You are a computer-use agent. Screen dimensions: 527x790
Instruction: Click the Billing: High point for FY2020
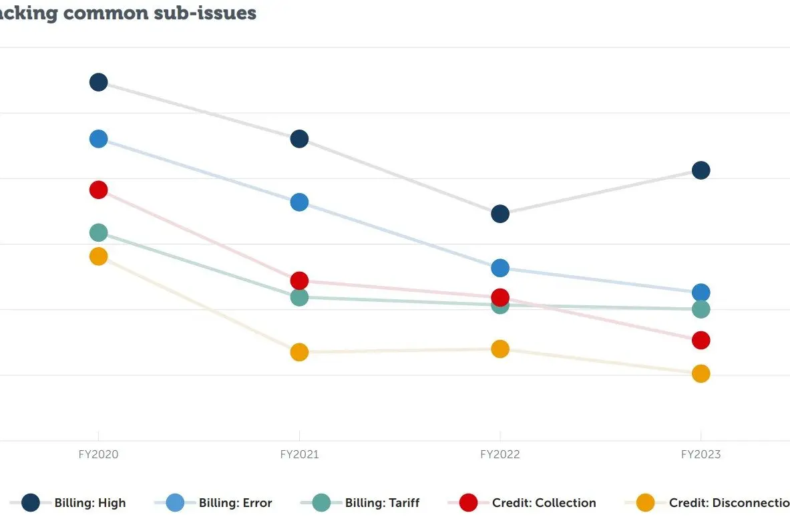98,82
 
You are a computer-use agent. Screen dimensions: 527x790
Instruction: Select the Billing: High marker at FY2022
500,214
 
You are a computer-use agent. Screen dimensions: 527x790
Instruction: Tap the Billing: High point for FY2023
701,170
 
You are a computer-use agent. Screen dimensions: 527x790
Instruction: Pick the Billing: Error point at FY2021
299,202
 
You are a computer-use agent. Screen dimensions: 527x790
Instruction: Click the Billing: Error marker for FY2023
701,292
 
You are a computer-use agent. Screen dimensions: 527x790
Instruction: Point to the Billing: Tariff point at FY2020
98,232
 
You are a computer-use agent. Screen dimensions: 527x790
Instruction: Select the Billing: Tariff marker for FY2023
701,309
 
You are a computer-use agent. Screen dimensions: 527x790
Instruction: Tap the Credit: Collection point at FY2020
98,190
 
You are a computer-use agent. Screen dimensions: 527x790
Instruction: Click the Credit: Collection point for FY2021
299,281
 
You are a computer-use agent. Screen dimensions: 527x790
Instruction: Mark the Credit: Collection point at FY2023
701,340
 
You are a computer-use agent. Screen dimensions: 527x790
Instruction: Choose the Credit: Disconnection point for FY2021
299,352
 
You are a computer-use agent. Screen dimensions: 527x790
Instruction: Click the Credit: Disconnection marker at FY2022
500,349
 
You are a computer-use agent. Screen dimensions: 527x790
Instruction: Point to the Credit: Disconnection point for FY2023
701,373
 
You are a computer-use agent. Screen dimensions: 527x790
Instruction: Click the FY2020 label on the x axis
98,455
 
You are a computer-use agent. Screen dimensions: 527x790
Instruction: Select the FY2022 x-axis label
500,455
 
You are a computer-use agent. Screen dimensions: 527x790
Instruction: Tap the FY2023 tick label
701,455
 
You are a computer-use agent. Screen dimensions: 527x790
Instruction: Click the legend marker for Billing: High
31,503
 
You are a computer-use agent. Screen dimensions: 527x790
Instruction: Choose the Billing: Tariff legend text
382,503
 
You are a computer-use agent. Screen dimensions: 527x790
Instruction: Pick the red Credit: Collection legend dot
468,503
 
